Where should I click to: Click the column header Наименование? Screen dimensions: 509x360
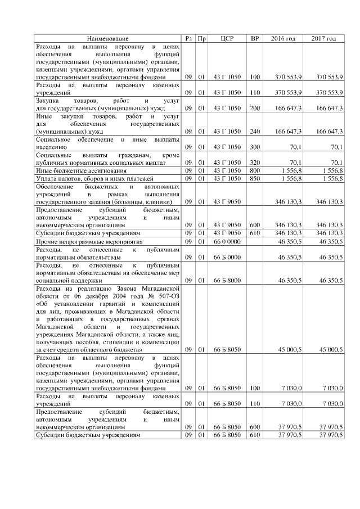pyautogui.click(x=107, y=38)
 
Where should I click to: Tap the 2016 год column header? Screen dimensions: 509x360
pyautogui.click(x=283, y=38)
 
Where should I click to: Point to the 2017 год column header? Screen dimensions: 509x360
pyautogui.click(x=323, y=38)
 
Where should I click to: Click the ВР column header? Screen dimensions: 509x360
pyautogui.click(x=255, y=38)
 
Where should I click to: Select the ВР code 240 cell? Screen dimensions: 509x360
pyautogui.click(x=255, y=131)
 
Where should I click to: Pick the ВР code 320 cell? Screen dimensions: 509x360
pyautogui.click(x=255, y=162)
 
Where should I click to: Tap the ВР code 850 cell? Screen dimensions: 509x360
pyautogui.click(x=255, y=178)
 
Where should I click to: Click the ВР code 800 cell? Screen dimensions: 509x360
pyautogui.click(x=255, y=170)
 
